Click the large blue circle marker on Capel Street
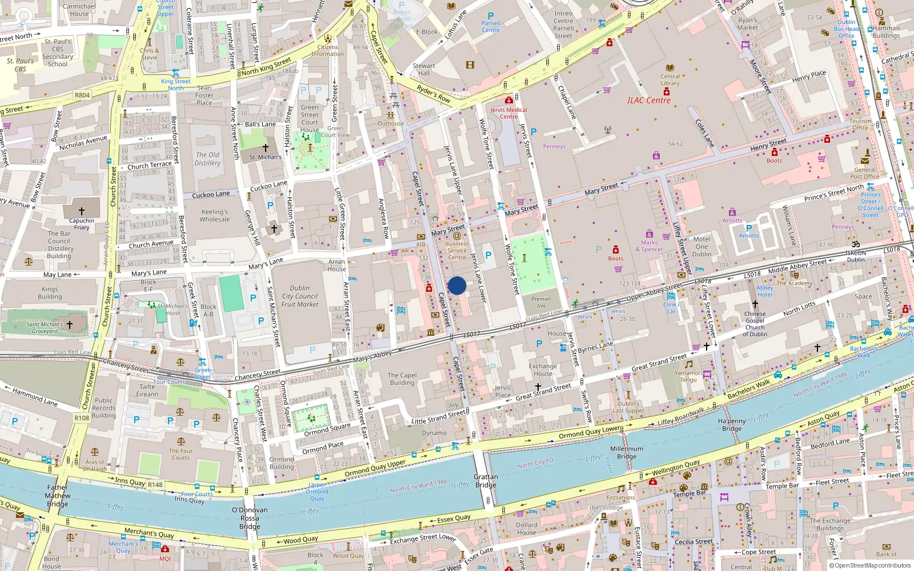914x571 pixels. coord(457,285)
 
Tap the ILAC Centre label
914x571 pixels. coord(649,100)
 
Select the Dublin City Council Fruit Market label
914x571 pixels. coord(300,296)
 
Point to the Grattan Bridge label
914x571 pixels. coord(486,481)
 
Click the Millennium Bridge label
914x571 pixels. coord(627,453)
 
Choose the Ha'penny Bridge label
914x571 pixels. coord(732,425)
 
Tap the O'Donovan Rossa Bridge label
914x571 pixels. coord(250,518)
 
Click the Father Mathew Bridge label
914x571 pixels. coord(58,496)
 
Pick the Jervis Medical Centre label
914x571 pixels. coord(508,113)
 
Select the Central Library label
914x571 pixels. coord(670,79)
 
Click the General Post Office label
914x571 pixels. coord(864,173)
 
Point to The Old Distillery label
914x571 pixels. coord(207,159)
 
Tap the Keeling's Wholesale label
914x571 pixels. coord(215,215)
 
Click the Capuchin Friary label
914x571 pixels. coord(82,224)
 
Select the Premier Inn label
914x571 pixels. coord(541,302)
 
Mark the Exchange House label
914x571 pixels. coord(543,370)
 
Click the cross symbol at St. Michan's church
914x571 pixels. coord(265,147)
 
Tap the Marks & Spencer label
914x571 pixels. coord(650,246)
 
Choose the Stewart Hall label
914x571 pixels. coord(423,69)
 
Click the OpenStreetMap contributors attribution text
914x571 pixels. coord(872,565)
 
